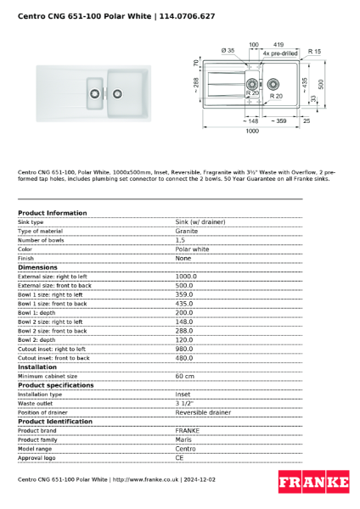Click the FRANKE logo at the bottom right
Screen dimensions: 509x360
click(313, 482)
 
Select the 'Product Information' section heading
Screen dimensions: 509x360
click(52, 213)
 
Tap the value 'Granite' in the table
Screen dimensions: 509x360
click(186, 231)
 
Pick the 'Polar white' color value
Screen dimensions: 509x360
click(192, 249)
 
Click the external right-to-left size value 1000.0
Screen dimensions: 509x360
click(185, 277)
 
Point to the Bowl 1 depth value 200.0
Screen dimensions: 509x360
click(185, 313)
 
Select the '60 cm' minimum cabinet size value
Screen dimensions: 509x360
click(184, 376)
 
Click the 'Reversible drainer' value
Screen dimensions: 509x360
click(202, 412)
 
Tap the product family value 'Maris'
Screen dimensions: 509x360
click(183, 439)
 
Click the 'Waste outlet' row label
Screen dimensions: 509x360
click(37, 403)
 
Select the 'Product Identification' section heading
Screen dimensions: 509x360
click(55, 422)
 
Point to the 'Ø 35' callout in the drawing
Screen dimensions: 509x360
click(228, 51)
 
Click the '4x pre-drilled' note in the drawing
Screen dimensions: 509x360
click(279, 53)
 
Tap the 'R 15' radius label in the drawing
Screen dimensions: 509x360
click(315, 52)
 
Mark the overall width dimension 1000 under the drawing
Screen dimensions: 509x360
click(252, 131)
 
